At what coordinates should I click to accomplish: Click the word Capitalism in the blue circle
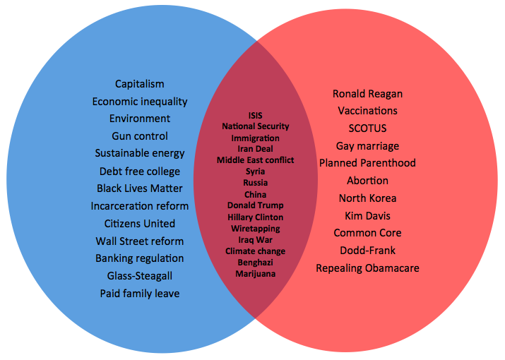coord(140,84)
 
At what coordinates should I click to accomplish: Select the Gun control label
coord(140,136)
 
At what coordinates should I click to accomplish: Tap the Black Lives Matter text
coord(140,188)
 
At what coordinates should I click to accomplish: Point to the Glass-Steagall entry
coord(140,276)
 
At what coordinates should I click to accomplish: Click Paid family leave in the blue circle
coord(140,294)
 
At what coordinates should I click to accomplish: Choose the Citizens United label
coord(140,224)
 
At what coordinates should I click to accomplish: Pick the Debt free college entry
coord(140,172)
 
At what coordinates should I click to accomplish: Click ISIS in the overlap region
coord(256,116)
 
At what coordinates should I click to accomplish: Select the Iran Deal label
coord(256,149)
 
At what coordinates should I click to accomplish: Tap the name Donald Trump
coord(256,205)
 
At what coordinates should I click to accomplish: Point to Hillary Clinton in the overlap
coord(256,217)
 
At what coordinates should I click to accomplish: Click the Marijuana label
coord(256,274)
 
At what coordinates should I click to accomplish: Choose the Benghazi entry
coord(256,263)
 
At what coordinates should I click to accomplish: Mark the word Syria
coord(256,172)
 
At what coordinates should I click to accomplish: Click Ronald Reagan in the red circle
coord(367,94)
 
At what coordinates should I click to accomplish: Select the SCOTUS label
coord(367,128)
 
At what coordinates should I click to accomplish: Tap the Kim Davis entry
coord(367,216)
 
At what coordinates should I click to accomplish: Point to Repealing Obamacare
coord(367,268)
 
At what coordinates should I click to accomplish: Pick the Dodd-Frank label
coord(367,251)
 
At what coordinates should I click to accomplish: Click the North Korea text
coord(367,198)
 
